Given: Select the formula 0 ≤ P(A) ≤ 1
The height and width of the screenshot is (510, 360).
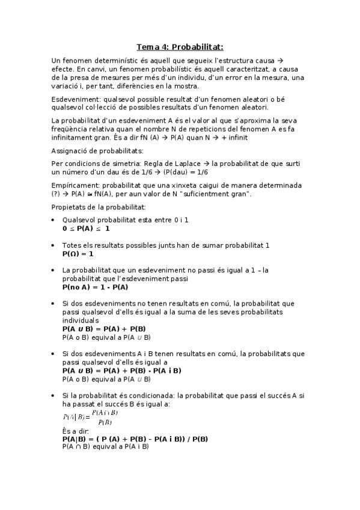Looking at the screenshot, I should (86, 229).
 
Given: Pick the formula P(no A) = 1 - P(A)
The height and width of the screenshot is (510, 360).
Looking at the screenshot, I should (95, 287).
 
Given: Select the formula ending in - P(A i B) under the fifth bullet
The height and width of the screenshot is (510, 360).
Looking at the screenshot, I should (121, 370).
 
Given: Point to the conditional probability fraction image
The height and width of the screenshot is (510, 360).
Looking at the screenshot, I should (90, 417).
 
